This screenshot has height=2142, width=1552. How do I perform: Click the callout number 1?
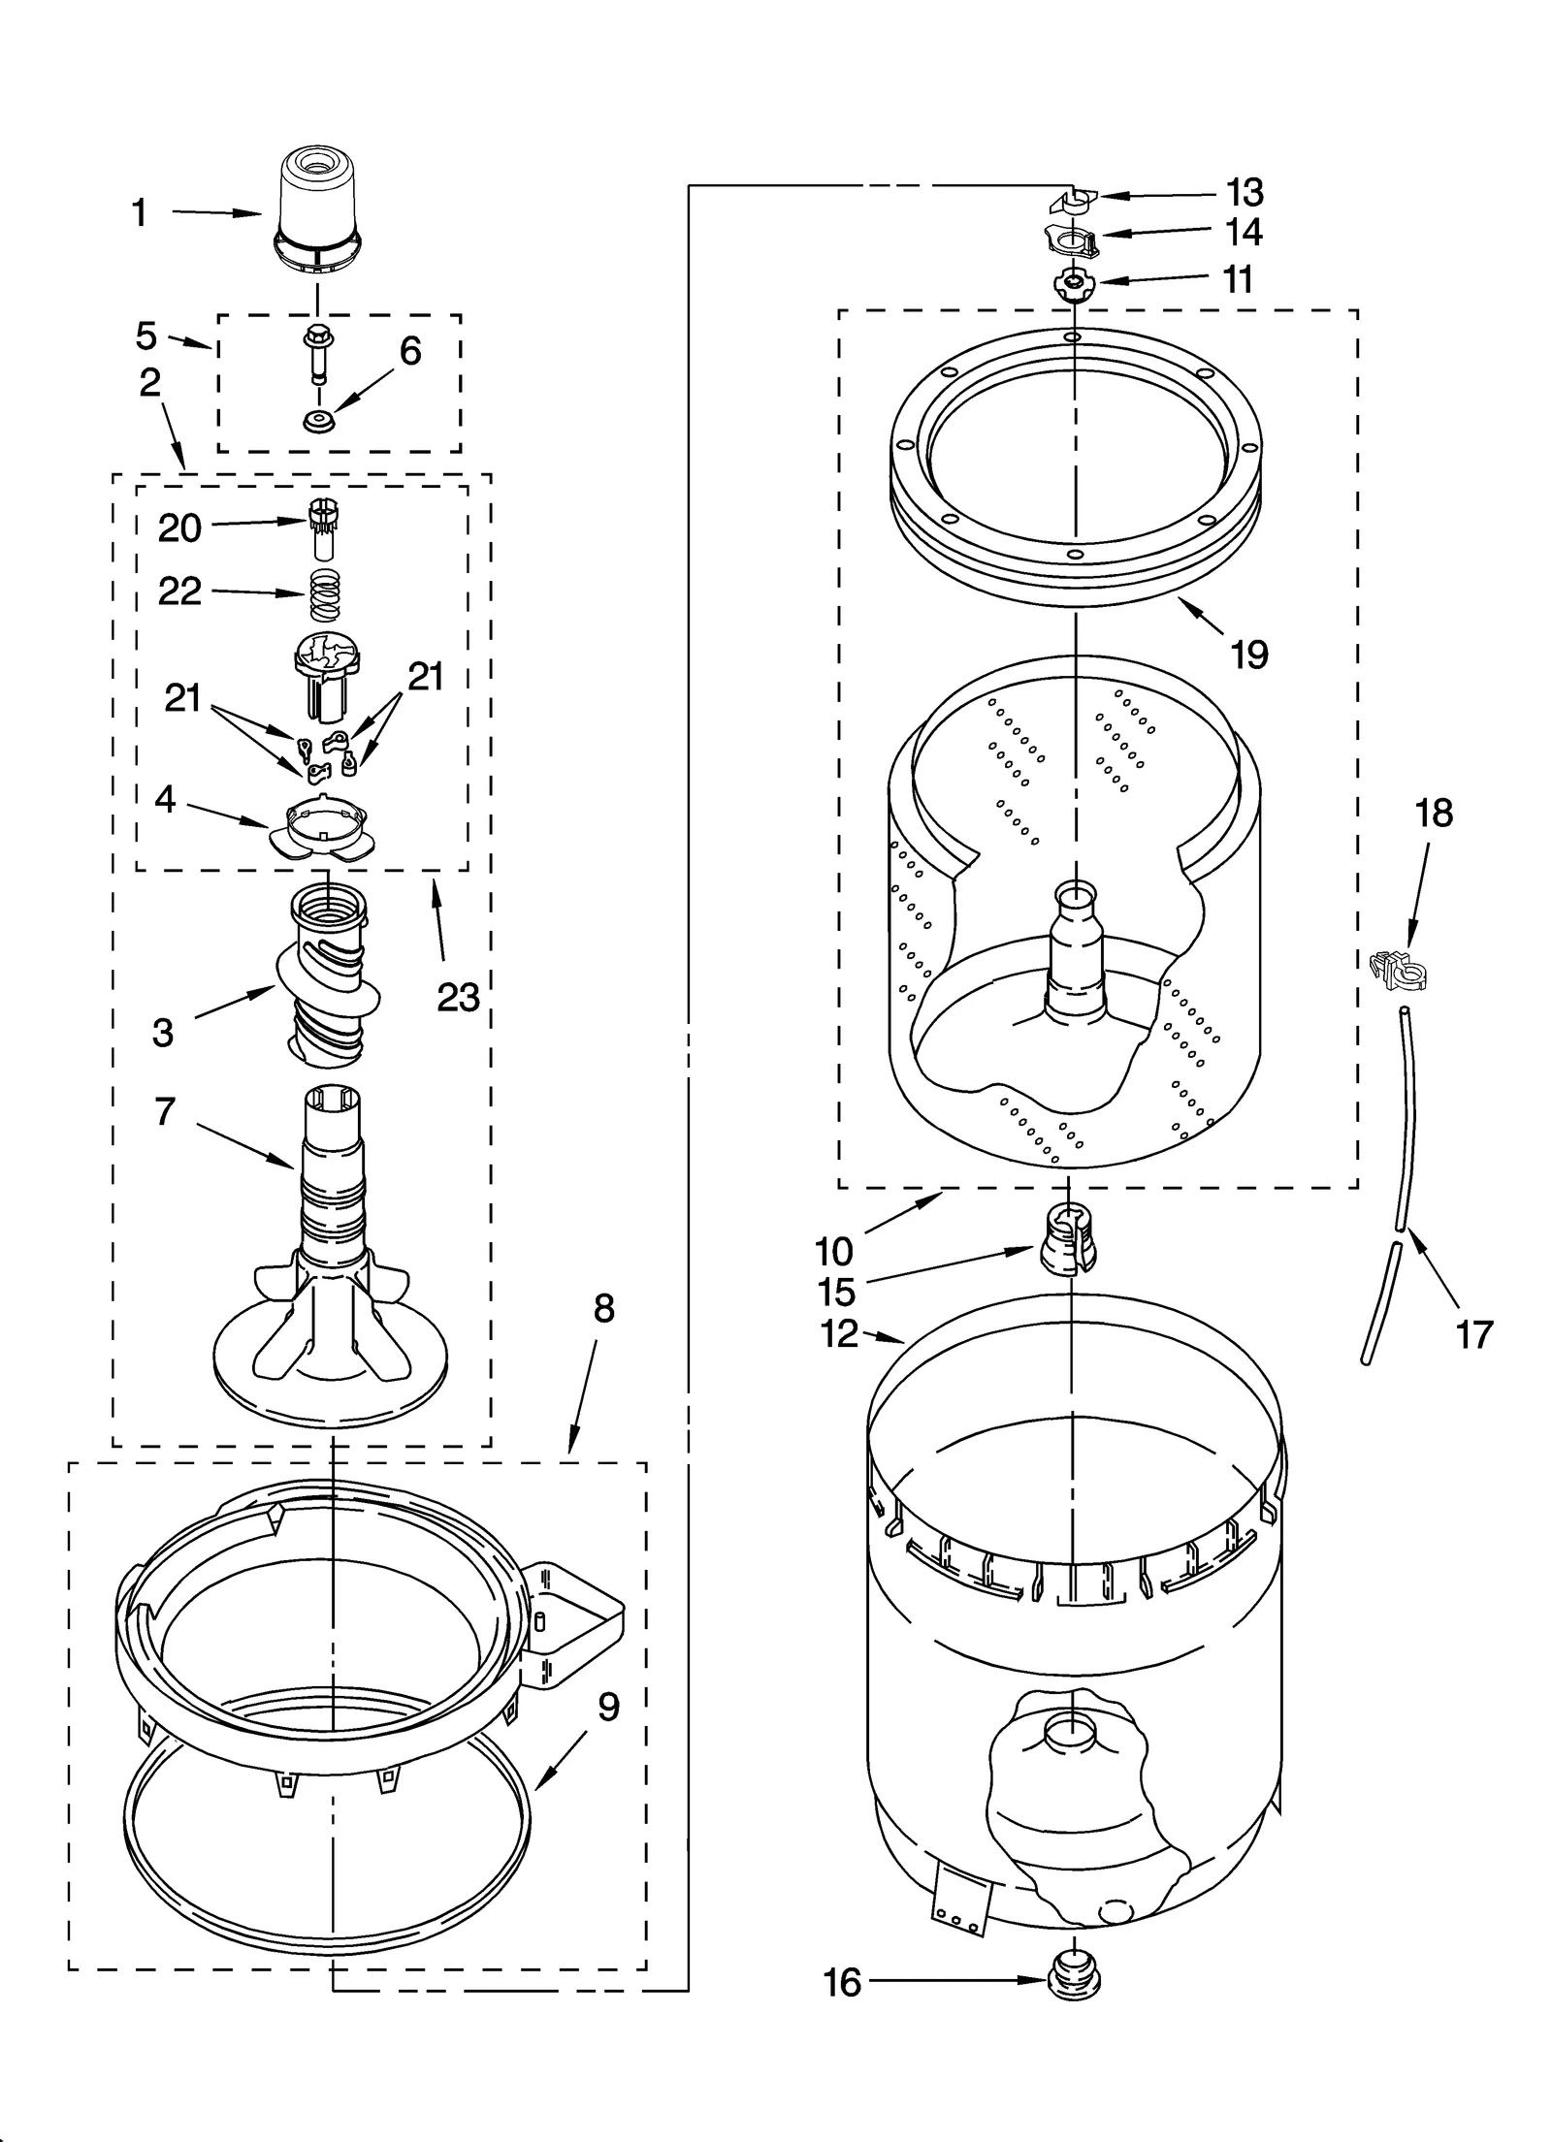click(140, 212)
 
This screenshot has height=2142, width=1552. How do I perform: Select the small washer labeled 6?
click(316, 421)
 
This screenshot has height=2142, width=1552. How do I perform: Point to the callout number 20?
click(180, 528)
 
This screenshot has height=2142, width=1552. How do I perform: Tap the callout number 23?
click(458, 996)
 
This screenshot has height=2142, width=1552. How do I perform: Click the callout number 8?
click(603, 1309)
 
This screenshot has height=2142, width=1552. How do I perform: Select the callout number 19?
click(1249, 655)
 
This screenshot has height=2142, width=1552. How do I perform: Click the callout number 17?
click(1473, 1334)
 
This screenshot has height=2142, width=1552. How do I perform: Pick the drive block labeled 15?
click(1068, 1238)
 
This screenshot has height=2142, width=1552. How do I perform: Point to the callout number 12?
click(839, 1334)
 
